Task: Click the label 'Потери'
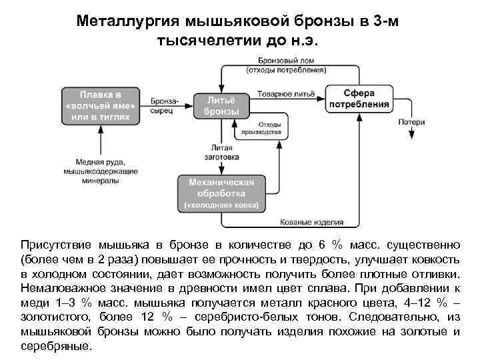click(411, 122)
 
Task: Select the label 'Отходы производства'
click(269, 128)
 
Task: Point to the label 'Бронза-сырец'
click(161, 105)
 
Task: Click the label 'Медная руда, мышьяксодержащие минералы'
click(101, 171)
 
